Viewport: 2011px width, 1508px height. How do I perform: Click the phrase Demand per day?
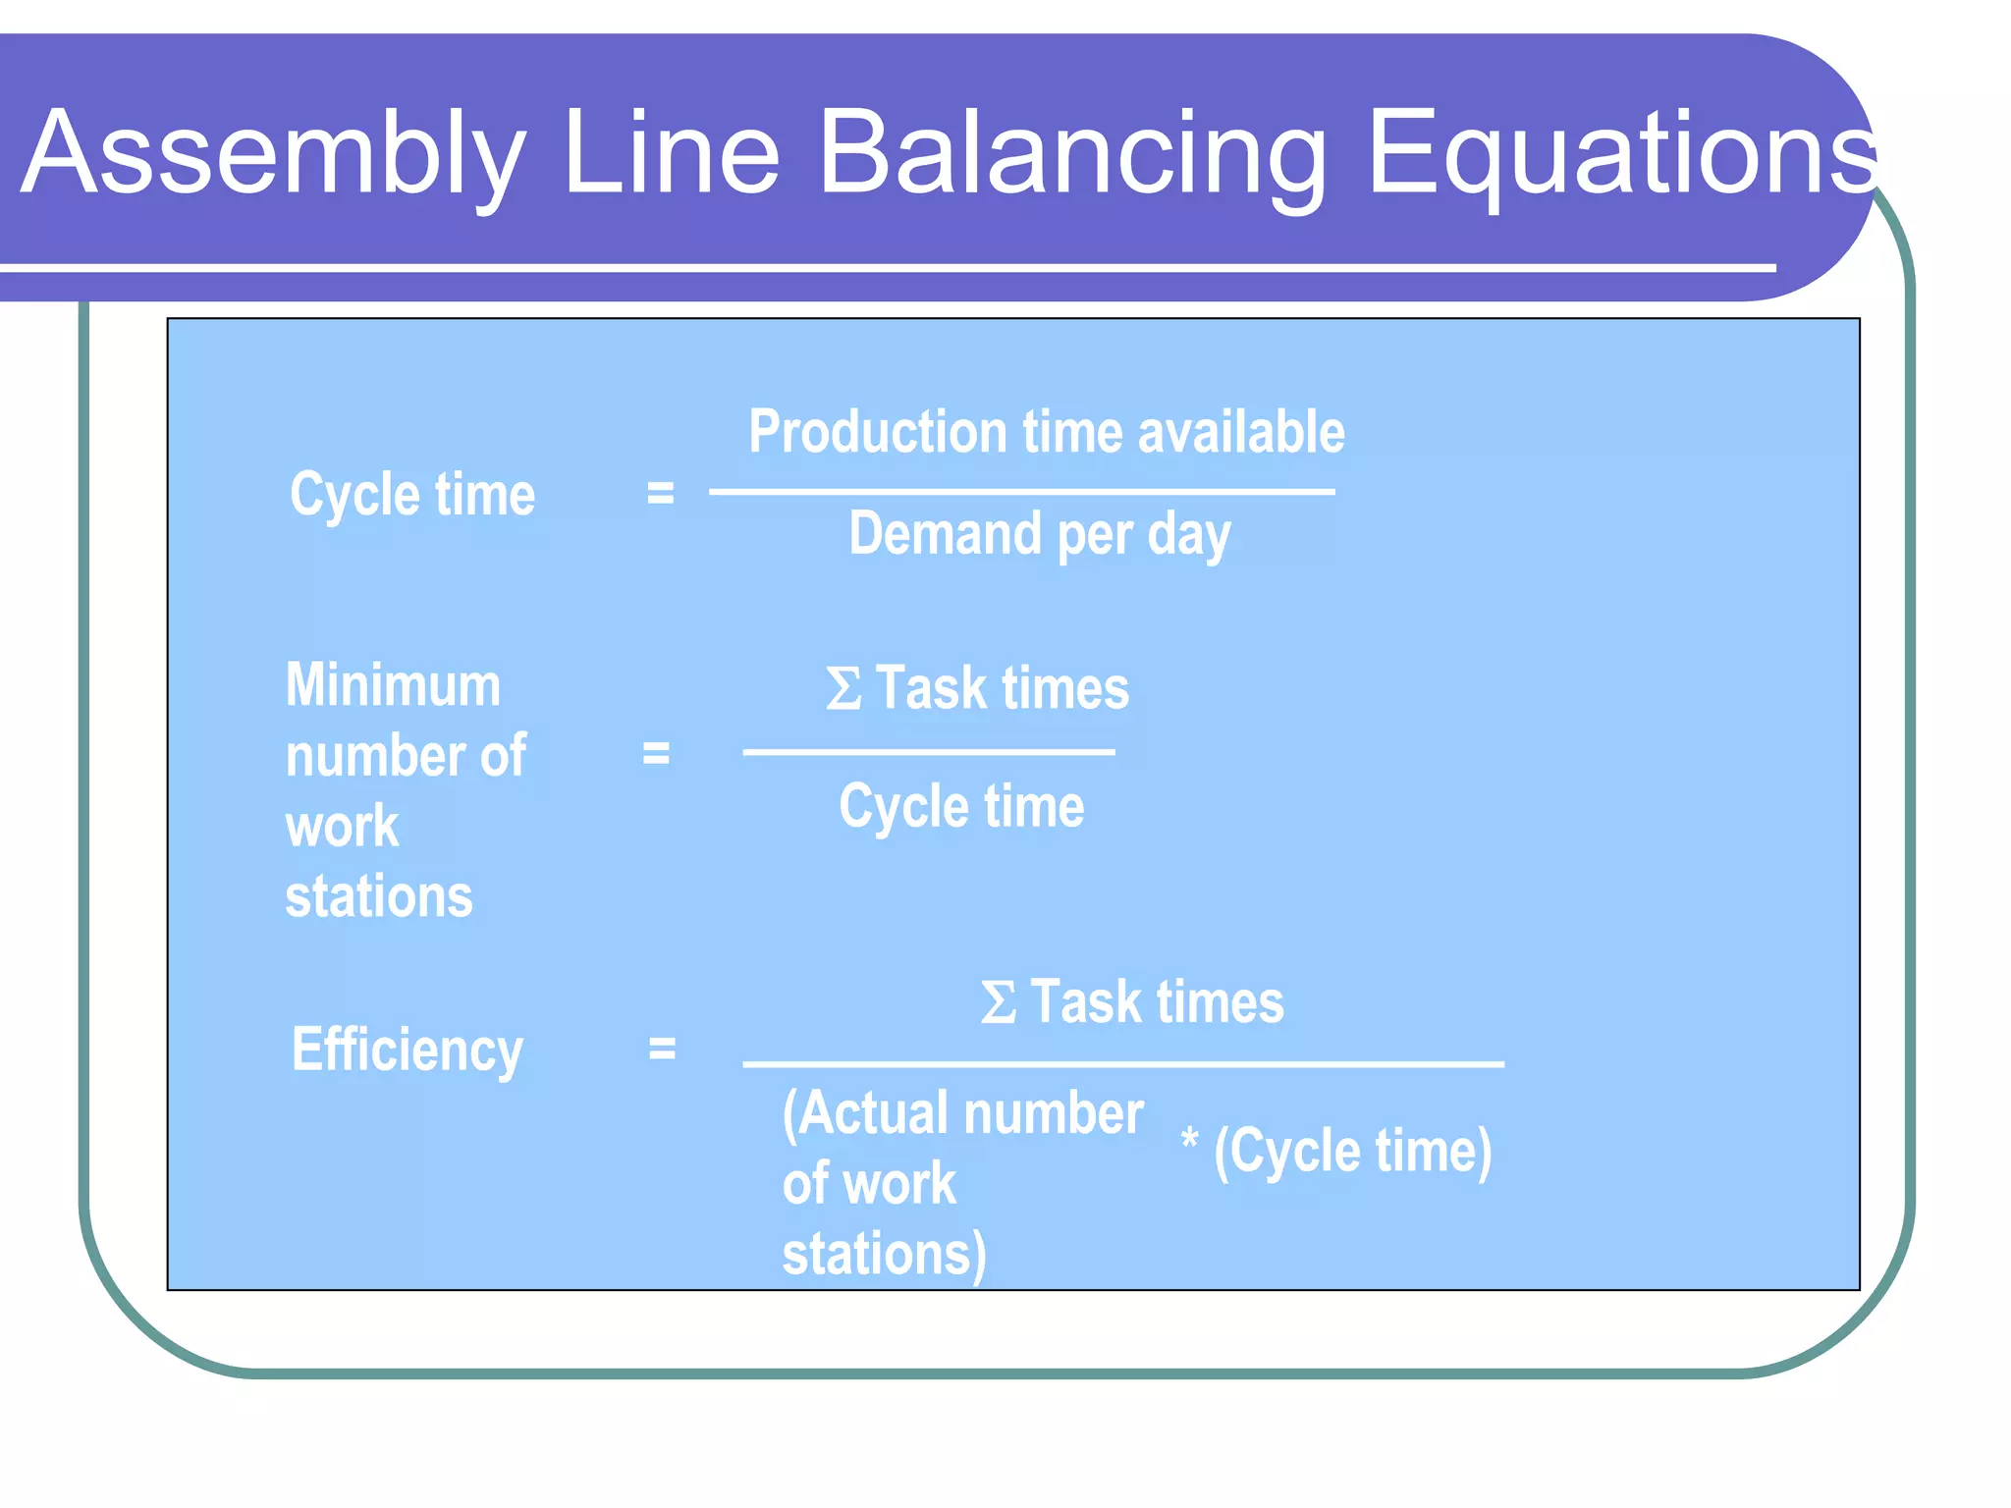(x=1039, y=535)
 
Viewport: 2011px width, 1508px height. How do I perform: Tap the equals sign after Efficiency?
(x=662, y=1049)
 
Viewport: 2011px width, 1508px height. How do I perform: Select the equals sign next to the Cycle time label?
(x=660, y=493)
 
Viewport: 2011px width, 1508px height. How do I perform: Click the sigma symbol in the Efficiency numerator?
(x=998, y=1003)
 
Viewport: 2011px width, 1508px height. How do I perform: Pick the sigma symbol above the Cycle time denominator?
(x=843, y=688)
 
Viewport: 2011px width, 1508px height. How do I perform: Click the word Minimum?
(x=393, y=684)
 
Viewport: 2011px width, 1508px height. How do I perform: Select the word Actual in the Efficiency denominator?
(x=874, y=1114)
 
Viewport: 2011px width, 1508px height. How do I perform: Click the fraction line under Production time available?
(x=1021, y=491)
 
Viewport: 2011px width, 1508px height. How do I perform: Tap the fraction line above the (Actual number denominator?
(x=1122, y=1063)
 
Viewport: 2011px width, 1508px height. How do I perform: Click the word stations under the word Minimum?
(x=379, y=896)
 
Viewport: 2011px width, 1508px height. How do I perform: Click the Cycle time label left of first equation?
(x=412, y=494)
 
